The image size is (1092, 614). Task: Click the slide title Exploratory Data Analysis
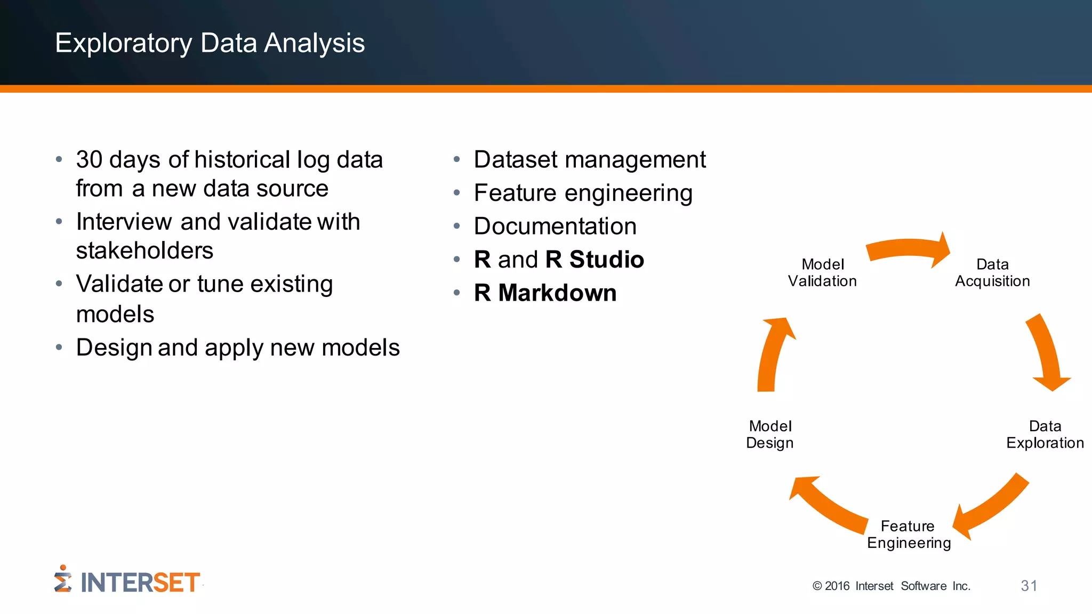210,43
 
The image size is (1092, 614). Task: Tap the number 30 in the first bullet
89,160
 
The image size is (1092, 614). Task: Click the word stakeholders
144,251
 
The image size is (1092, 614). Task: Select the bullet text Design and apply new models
238,348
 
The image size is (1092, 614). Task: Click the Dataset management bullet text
590,160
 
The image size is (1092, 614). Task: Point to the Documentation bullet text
555,227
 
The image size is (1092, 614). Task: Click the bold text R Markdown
545,293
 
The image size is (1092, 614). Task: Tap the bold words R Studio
595,260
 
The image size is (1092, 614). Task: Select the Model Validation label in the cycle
822,273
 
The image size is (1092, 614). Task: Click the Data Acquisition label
992,273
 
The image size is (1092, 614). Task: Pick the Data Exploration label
1045,434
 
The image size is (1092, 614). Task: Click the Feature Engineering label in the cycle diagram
909,535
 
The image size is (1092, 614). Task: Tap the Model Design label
770,434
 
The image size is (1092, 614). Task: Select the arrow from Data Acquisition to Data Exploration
1046,352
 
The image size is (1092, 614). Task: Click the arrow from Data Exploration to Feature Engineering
992,506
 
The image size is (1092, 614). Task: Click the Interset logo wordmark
140,583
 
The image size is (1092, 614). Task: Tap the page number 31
1029,586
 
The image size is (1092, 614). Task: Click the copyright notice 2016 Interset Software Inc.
892,586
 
